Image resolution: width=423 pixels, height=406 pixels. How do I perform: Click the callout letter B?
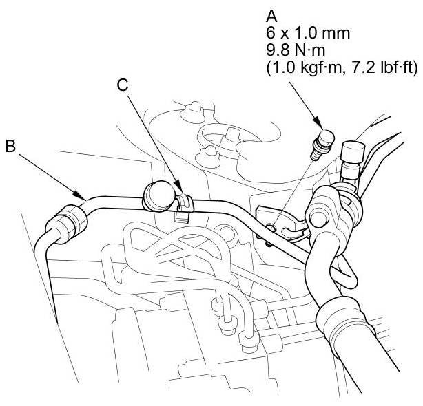(11, 148)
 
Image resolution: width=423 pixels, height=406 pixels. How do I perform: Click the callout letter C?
(122, 85)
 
